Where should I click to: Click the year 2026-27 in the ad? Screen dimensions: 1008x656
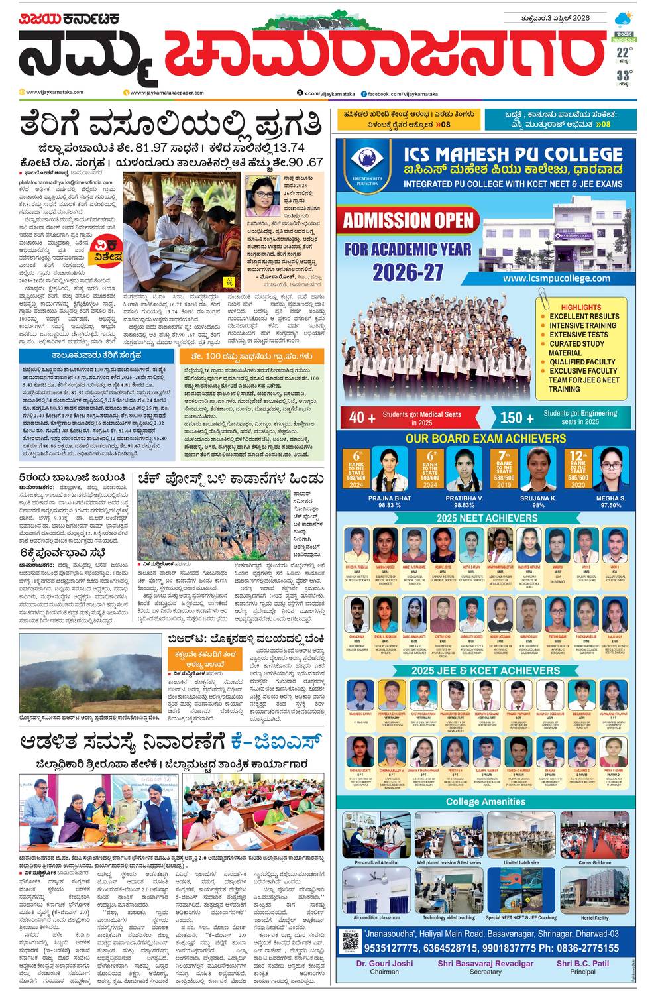click(407, 272)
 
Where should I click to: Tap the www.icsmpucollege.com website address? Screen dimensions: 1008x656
click(556, 278)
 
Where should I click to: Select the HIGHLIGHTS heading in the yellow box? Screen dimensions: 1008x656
click(580, 308)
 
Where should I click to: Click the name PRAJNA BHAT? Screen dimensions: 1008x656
click(389, 498)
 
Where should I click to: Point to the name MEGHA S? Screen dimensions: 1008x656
click(610, 498)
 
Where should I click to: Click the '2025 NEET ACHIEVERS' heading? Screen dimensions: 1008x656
click(487, 518)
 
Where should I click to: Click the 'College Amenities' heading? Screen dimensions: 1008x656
click(486, 801)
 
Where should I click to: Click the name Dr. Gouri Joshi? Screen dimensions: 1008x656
click(384, 963)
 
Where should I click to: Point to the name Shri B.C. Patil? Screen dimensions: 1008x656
click(582, 963)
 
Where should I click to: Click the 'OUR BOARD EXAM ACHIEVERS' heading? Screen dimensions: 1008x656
click(486, 439)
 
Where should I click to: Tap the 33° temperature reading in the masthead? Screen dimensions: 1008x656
click(624, 76)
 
